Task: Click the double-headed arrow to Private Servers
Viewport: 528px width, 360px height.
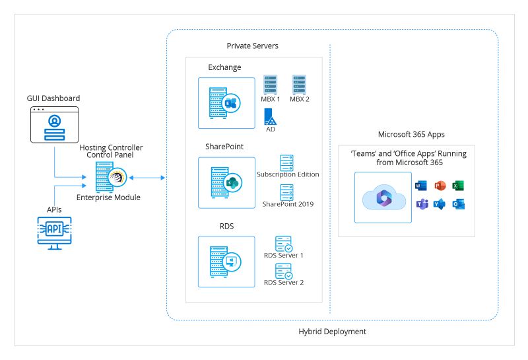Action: (147, 177)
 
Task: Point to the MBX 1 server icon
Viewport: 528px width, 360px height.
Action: (270, 85)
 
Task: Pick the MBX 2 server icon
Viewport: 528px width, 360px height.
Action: (300, 85)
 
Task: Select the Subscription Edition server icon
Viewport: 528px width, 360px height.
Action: (287, 162)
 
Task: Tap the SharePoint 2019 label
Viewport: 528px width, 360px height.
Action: (288, 204)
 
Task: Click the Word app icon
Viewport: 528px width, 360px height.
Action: (421, 186)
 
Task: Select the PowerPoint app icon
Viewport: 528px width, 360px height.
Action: (440, 186)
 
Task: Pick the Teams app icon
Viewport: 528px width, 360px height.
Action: (421, 204)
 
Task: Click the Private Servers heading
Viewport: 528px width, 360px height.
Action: (252, 46)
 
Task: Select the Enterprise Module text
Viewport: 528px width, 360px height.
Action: (108, 198)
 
